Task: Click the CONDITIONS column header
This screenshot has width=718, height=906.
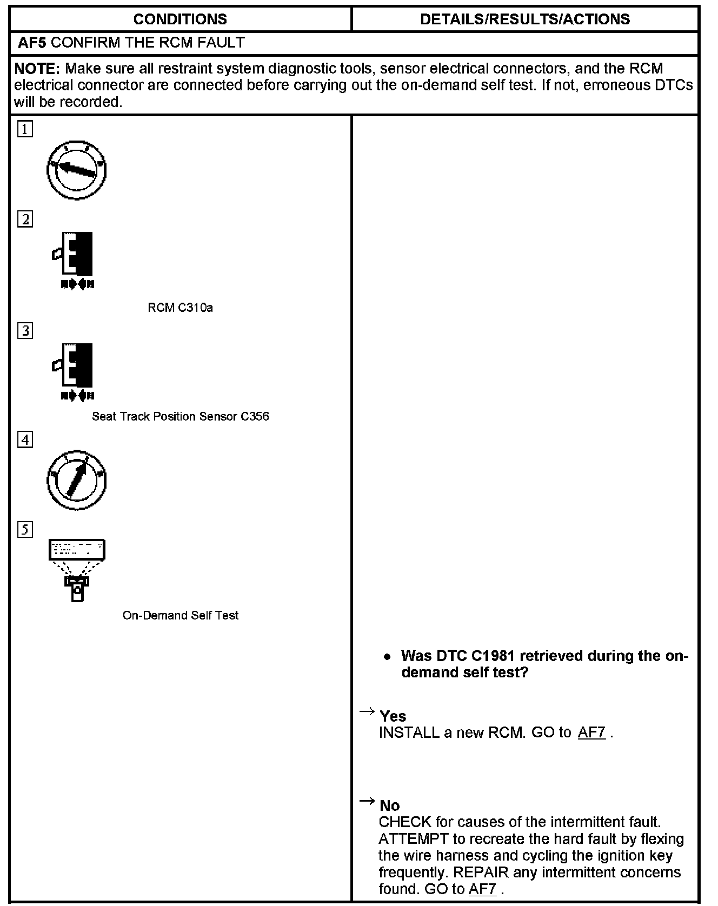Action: coord(180,19)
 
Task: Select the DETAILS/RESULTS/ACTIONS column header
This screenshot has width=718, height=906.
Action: coord(524,19)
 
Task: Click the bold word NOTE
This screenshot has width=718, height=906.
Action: coord(36,69)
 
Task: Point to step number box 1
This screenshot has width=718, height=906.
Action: coord(25,130)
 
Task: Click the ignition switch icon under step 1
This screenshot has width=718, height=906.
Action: coord(77,170)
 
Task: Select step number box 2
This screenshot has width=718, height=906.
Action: coord(25,219)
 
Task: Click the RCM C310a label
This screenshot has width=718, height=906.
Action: coord(180,308)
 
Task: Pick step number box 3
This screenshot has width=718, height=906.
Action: coord(25,331)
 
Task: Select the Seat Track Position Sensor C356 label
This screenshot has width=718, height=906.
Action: coord(180,416)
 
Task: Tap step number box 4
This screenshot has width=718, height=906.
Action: coord(25,440)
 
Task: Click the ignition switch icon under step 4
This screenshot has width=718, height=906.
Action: coord(77,481)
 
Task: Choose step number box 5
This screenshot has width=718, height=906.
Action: coord(25,530)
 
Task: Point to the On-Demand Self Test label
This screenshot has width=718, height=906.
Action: coord(180,615)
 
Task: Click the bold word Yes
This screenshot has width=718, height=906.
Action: coord(393,716)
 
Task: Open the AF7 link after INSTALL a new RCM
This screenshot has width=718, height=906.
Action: coord(591,733)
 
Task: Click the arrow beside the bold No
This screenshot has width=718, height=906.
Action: coord(367,801)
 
